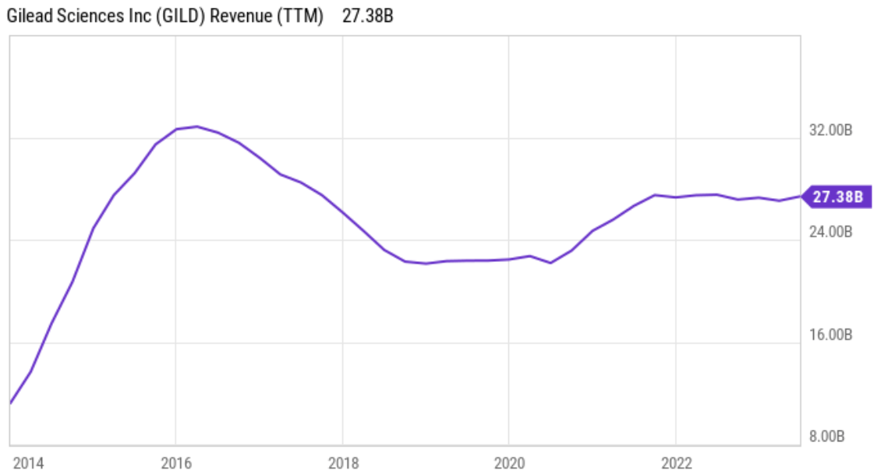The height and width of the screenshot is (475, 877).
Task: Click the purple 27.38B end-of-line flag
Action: [x=836, y=197]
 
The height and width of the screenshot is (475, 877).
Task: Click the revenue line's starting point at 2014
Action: [x=10, y=403]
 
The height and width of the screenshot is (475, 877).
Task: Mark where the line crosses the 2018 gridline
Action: [x=342, y=212]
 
